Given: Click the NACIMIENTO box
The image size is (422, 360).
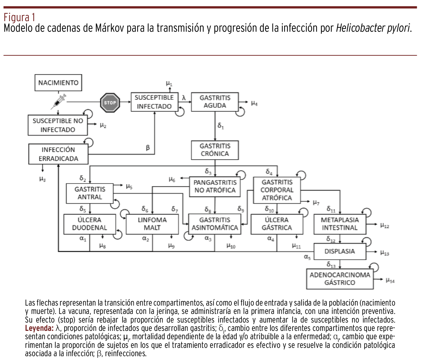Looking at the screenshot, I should [58, 83].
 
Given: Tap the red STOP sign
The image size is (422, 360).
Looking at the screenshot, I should [110, 102].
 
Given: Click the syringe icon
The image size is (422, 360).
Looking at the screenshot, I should [59, 101].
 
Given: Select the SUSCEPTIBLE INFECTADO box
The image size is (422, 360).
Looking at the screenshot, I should [154, 102].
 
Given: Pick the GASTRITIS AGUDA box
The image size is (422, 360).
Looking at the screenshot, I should [215, 102].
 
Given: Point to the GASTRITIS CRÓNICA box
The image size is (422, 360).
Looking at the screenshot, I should [215, 150].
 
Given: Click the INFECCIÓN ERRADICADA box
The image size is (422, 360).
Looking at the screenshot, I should [58, 154].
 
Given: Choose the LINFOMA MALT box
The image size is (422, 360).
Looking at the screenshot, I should [152, 224].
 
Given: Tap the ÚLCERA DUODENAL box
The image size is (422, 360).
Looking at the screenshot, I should [89, 224].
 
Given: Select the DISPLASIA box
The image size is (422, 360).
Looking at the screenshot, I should [340, 251].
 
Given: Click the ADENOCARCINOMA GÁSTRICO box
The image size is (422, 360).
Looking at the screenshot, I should [340, 279].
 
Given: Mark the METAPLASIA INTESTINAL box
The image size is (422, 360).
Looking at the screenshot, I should [340, 224].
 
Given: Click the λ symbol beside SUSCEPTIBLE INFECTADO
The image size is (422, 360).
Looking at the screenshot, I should [184, 98].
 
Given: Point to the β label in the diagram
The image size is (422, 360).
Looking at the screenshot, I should [148, 148].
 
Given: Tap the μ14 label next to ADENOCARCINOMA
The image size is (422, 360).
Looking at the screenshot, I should [390, 281].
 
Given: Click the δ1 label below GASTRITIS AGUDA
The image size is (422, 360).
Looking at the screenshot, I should [221, 126].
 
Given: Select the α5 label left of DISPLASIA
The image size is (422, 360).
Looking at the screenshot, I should [307, 257].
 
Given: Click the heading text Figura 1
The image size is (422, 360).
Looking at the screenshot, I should [19, 17].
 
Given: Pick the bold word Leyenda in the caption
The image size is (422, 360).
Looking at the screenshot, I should [39, 328].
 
